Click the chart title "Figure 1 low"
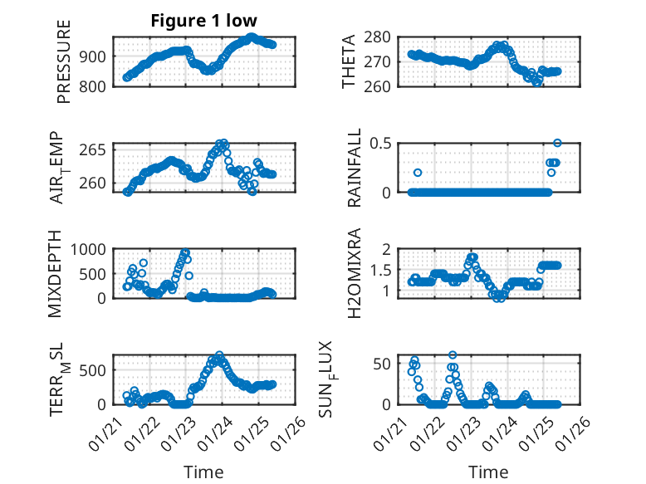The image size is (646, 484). tap(203, 20)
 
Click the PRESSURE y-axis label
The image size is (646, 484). tap(64, 61)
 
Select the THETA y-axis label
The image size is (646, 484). tap(349, 61)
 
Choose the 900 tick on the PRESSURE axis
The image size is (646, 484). tap(93, 56)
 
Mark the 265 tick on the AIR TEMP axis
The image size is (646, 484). tap(95, 149)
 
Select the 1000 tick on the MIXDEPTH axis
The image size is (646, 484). tap(90, 249)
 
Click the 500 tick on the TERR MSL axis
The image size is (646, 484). tap(93, 369)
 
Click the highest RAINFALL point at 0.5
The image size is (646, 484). tap(557, 143)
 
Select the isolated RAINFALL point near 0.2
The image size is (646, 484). tap(418, 173)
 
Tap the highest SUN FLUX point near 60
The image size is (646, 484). tap(453, 354)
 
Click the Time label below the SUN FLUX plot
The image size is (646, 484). tap(489, 472)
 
